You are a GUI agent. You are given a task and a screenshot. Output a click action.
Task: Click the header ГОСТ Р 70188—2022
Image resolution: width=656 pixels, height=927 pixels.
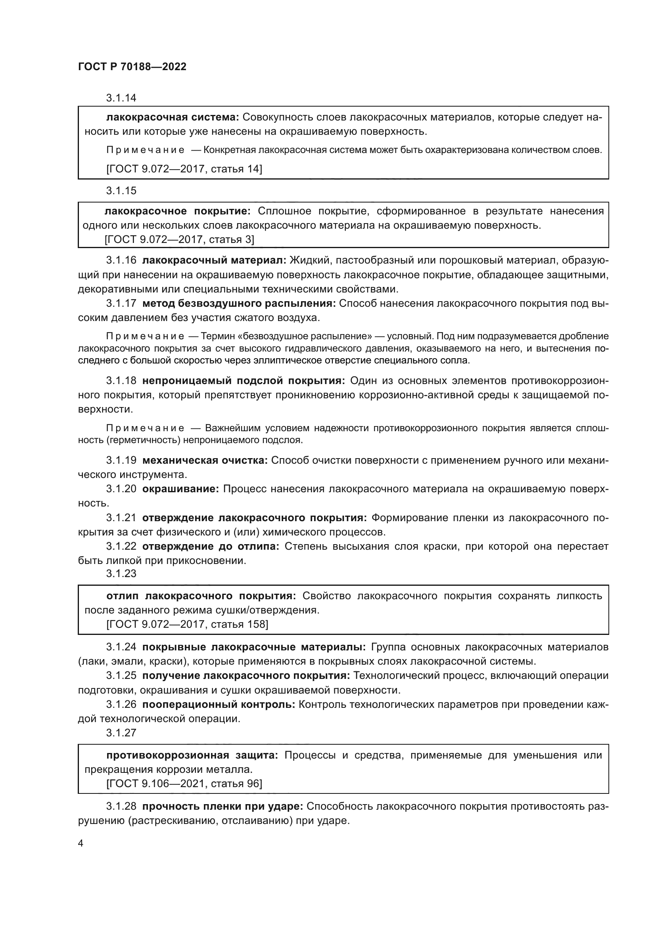click(132, 67)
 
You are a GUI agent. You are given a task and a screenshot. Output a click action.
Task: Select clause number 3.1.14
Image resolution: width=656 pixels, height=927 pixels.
click(121, 98)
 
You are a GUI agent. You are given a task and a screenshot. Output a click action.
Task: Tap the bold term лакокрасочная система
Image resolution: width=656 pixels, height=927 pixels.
click(173, 117)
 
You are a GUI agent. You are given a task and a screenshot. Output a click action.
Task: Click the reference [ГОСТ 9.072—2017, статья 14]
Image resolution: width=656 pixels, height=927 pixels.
click(184, 169)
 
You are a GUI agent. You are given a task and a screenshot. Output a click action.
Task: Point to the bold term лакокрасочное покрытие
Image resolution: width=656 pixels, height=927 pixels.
click(177, 211)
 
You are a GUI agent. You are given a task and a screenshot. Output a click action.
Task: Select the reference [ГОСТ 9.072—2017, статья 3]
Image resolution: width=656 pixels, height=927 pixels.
click(179, 239)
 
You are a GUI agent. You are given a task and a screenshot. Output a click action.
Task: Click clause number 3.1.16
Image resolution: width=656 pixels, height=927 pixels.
click(121, 260)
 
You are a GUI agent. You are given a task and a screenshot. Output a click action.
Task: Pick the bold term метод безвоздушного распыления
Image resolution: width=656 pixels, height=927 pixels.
click(239, 304)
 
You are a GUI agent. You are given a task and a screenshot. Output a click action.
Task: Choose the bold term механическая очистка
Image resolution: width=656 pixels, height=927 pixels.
click(205, 460)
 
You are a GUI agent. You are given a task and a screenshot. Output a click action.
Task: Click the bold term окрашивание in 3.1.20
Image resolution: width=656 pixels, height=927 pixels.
click(180, 489)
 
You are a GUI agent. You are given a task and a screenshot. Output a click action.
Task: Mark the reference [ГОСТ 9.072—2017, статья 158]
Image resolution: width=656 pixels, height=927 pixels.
click(187, 624)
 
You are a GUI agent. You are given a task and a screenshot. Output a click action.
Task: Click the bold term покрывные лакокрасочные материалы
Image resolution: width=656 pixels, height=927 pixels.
click(254, 647)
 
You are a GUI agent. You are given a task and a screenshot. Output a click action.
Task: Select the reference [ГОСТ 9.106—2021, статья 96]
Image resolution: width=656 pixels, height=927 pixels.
click(184, 784)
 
